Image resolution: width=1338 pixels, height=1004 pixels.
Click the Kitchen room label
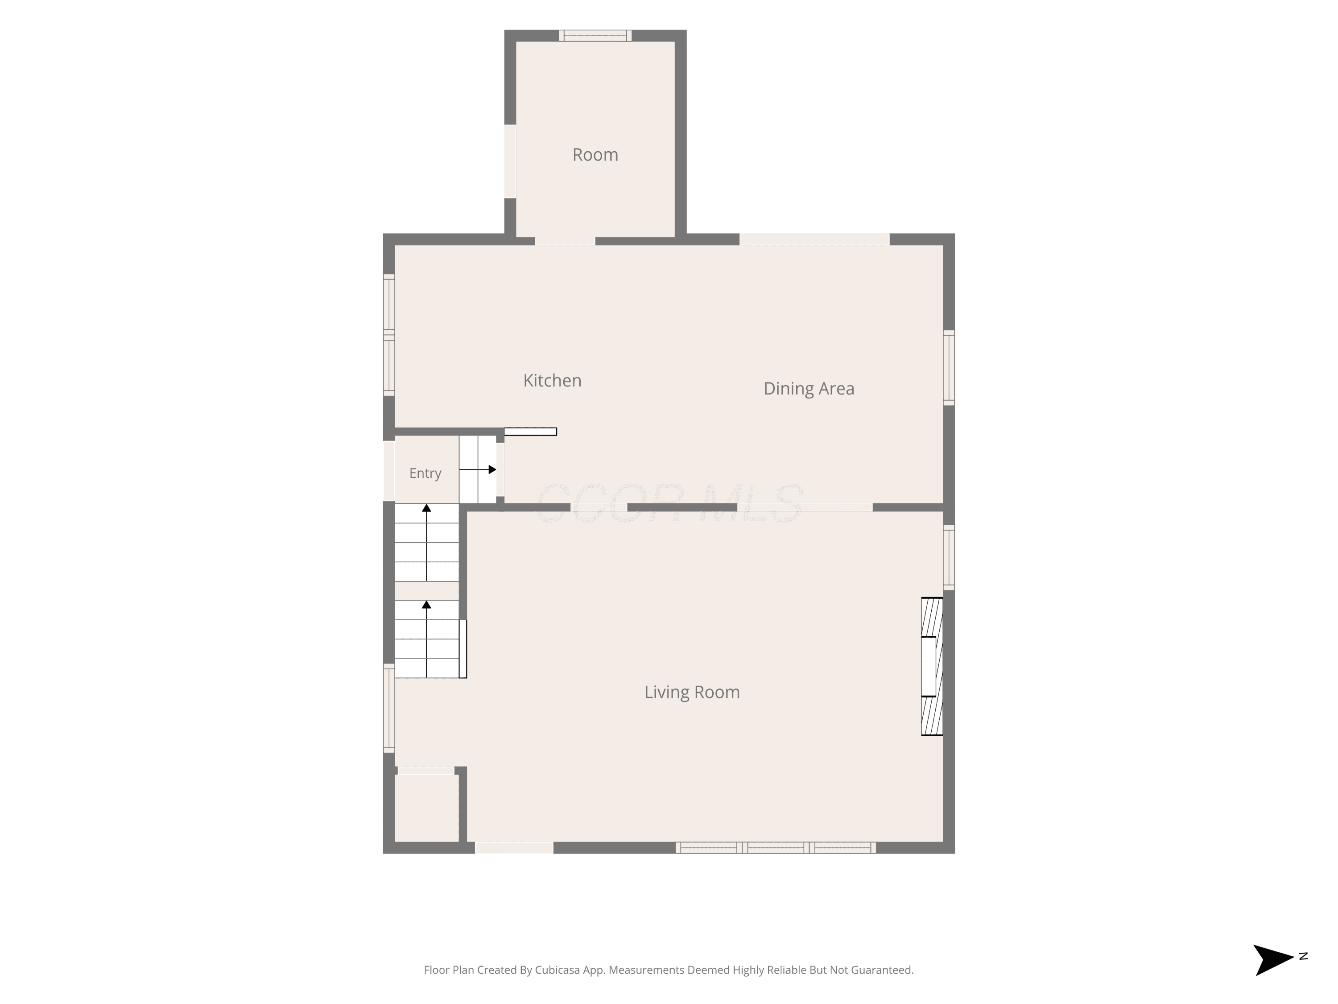pyautogui.click(x=552, y=380)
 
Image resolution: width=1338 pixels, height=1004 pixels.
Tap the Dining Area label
pyautogui.click(x=809, y=389)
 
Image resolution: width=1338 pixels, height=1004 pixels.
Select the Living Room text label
pyautogui.click(x=692, y=692)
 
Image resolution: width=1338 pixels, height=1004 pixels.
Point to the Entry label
pyautogui.click(x=425, y=473)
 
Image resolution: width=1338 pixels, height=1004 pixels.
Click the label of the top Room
pyautogui.click(x=595, y=154)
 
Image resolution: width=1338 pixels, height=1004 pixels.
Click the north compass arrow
pyautogui.click(x=1273, y=959)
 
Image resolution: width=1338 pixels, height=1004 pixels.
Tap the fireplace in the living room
pyautogui.click(x=932, y=666)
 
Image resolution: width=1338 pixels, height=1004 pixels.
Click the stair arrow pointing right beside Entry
pyautogui.click(x=478, y=469)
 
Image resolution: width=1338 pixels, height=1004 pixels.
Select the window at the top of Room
pyautogui.click(x=595, y=36)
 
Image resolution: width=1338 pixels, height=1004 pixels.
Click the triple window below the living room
pyautogui.click(x=776, y=848)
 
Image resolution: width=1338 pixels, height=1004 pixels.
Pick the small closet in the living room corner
pyautogui.click(x=426, y=807)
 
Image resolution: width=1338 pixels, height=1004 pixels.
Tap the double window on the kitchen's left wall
pyautogui.click(x=389, y=335)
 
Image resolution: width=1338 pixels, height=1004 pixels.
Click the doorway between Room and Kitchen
pyautogui.click(x=565, y=241)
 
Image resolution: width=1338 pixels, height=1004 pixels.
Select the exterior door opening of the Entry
pyautogui.click(x=389, y=471)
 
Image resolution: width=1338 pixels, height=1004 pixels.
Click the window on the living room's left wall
pyautogui.click(x=389, y=709)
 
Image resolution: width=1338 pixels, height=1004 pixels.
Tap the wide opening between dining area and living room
pyautogui.click(x=805, y=507)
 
